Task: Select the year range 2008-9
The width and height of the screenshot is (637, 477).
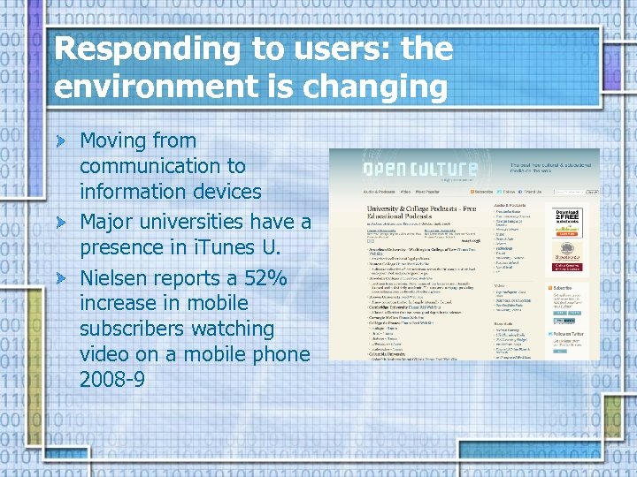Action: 113,380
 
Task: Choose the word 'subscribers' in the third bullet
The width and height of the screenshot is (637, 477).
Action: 133,329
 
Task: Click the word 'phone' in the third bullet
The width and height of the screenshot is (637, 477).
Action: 282,354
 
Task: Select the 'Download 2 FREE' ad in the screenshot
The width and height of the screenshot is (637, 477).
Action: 567,223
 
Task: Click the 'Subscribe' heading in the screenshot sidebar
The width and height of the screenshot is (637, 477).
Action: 564,289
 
